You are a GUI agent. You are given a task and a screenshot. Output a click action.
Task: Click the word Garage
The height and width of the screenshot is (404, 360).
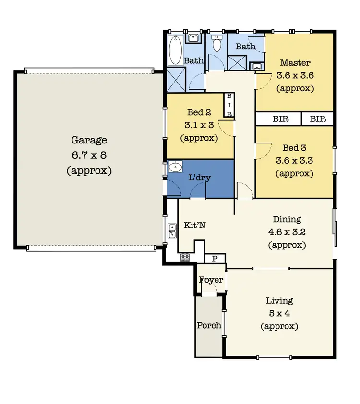tap(89, 140)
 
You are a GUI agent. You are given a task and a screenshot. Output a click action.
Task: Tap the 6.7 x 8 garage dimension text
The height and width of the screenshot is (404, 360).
tap(89, 155)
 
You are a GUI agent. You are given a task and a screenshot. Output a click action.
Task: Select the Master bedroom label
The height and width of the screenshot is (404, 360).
tap(295, 63)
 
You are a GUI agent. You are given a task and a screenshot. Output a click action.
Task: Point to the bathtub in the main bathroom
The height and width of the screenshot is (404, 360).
tap(173, 51)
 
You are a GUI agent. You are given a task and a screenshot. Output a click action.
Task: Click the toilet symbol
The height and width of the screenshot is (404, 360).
tap(216, 44)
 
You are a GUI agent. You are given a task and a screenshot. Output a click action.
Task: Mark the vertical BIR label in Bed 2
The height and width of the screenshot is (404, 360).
tap(229, 105)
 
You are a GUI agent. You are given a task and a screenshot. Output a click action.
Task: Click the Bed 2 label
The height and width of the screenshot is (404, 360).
tap(199, 113)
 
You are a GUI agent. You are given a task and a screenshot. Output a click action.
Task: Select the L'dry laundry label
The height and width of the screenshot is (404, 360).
tap(199, 178)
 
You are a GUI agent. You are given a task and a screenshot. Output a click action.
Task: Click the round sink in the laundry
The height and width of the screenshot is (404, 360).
tap(176, 167)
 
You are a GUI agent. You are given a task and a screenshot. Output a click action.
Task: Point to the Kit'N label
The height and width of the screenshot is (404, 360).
tap(195, 226)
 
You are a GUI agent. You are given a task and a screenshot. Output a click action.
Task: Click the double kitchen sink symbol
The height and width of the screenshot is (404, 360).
tap(172, 231)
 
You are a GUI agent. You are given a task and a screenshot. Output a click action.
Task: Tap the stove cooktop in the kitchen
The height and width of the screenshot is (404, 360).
tap(185, 258)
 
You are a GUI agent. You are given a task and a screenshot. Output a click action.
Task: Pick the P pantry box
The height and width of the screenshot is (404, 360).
tap(215, 259)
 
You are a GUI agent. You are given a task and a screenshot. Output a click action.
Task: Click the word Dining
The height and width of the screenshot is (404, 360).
tap(287, 220)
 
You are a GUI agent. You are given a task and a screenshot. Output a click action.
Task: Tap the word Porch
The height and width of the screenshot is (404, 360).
tap(209, 325)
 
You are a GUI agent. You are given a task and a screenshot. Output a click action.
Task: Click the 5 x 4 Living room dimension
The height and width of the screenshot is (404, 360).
tap(279, 314)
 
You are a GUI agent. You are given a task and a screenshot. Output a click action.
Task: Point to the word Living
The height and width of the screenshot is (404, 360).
tap(279, 301)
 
